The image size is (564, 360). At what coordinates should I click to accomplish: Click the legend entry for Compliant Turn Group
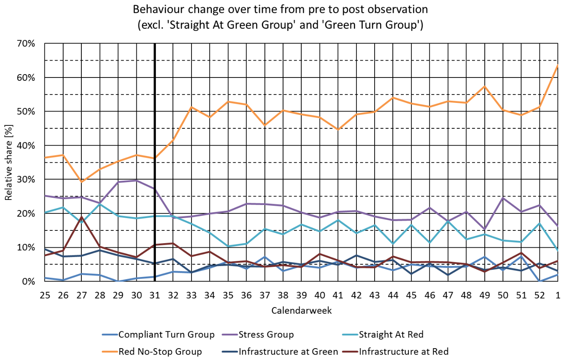click(x=158, y=335)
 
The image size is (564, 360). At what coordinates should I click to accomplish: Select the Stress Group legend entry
click(x=258, y=335)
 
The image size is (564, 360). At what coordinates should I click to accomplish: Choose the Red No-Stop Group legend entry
click(x=152, y=352)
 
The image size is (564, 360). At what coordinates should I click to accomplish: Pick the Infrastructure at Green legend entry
click(x=280, y=352)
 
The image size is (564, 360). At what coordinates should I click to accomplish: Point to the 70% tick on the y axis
click(x=26, y=44)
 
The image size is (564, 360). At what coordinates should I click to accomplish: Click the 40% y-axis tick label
click(x=26, y=146)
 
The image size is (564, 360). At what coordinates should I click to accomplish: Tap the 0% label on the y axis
click(x=28, y=281)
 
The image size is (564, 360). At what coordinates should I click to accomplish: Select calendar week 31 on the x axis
click(x=155, y=295)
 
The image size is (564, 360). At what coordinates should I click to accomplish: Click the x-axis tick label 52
click(x=539, y=295)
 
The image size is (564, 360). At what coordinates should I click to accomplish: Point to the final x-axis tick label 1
click(x=558, y=295)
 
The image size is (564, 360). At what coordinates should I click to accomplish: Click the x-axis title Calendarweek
click(x=301, y=311)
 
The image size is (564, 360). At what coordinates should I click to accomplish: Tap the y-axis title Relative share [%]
click(x=8, y=163)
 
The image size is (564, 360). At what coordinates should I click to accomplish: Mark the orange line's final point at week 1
click(x=558, y=65)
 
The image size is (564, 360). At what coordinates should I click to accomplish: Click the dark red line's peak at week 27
click(x=82, y=216)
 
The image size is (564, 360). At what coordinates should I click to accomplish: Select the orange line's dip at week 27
click(x=82, y=182)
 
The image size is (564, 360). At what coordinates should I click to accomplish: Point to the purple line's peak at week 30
click(x=136, y=180)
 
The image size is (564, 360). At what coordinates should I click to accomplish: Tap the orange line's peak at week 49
click(x=484, y=86)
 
